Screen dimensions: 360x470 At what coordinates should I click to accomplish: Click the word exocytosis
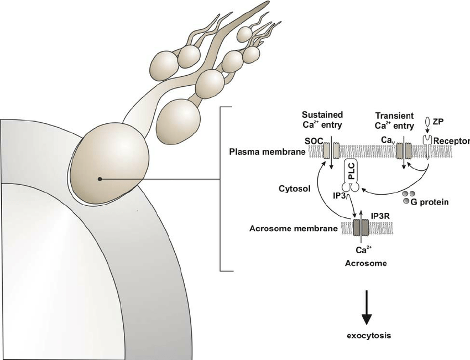click(x=366, y=335)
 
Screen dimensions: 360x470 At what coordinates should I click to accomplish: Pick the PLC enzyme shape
click(x=351, y=175)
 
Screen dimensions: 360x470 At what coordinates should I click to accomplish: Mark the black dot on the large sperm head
click(x=99, y=179)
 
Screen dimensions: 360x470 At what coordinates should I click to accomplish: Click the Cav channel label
click(x=388, y=141)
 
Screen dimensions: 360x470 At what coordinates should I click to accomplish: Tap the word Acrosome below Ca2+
click(x=365, y=263)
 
